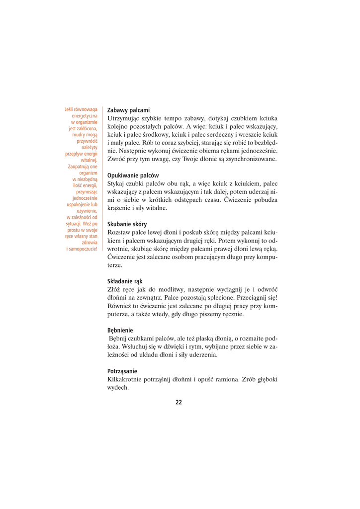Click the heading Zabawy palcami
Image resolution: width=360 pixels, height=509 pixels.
[128, 110]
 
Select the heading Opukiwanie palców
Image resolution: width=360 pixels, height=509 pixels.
[133, 175]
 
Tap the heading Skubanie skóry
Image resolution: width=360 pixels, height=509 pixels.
[127, 224]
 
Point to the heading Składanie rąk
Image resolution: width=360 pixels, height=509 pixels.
[125, 281]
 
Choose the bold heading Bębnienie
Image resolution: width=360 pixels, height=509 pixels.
[120, 330]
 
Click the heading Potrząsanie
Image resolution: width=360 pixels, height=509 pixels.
[122, 371]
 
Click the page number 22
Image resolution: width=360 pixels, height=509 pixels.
[179, 402]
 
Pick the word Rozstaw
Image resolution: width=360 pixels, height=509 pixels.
[119, 232]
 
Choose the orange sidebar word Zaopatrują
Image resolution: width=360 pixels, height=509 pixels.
[84, 167]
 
